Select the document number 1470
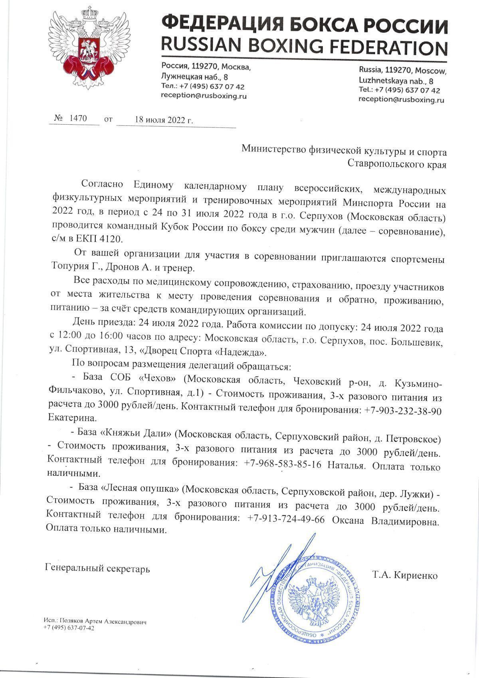[78, 119]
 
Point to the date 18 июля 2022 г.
[163, 119]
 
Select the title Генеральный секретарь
[98, 568]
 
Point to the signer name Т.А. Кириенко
[405, 575]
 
